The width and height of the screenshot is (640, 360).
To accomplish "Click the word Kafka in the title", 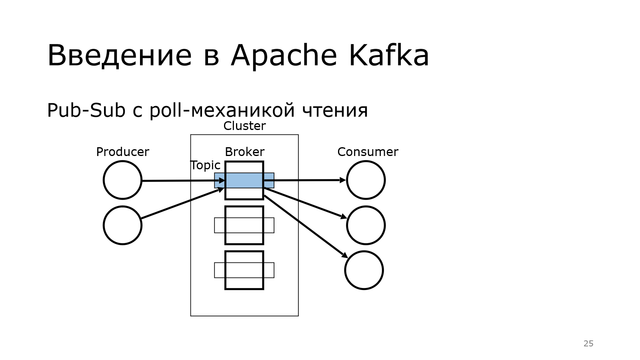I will click(x=389, y=55).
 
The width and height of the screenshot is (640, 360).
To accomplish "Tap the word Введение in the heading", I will click(x=120, y=55).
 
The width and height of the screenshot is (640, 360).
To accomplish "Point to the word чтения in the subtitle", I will click(x=335, y=110).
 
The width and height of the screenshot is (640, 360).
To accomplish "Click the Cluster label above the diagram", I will click(x=244, y=126).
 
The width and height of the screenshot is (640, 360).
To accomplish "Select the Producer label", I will click(x=122, y=152).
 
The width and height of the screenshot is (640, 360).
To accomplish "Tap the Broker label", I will click(x=244, y=152).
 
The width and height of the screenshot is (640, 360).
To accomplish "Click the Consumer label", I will click(x=368, y=152).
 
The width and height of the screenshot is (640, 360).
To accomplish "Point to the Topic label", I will click(x=205, y=165).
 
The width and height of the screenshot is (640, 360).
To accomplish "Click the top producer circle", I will click(x=122, y=180).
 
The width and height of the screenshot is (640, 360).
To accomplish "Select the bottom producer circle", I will click(x=122, y=225).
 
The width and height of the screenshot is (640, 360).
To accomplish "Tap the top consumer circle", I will click(x=366, y=180).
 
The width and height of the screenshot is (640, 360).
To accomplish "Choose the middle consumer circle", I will click(x=366, y=225).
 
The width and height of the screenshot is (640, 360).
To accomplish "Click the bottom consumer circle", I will click(x=364, y=270).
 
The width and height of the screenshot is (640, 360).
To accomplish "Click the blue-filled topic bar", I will click(x=244, y=180).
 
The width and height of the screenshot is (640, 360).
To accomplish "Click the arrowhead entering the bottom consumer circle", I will click(x=345, y=255).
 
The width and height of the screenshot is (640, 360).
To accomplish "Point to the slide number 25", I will click(x=588, y=344).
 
